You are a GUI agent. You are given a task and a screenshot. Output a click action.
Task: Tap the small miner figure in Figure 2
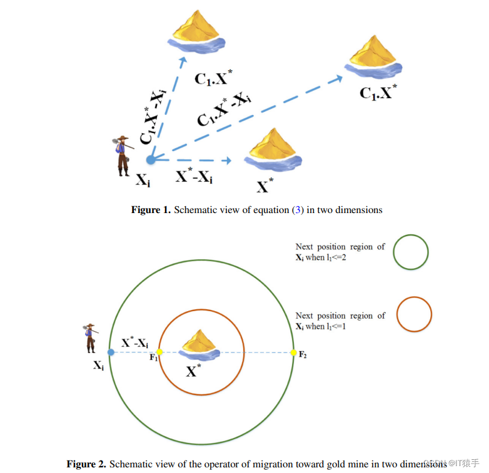click(x=91, y=337)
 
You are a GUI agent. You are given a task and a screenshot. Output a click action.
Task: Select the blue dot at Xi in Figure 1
click(x=151, y=159)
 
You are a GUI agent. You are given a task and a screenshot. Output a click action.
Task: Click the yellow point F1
click(x=159, y=352)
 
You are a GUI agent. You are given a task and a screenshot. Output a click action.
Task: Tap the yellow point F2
click(x=293, y=352)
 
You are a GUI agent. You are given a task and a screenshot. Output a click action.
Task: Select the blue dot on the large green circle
click(x=111, y=352)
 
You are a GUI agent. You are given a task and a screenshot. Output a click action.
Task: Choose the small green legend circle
click(x=411, y=252)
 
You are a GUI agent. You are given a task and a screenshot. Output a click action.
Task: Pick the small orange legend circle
click(x=414, y=314)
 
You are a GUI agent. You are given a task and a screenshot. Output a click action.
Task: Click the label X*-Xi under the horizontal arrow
click(x=194, y=177)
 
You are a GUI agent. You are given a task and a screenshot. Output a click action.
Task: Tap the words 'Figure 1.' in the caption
click(x=150, y=210)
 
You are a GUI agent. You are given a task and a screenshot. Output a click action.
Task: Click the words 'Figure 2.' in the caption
click(x=87, y=464)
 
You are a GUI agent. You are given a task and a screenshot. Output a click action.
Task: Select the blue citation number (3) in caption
click(x=298, y=210)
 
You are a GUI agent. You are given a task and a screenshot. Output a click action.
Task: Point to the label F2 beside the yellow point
click(x=303, y=355)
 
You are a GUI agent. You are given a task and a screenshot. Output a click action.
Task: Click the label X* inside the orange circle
click(x=194, y=372)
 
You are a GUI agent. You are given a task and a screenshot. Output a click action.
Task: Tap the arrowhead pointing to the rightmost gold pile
click(x=339, y=77)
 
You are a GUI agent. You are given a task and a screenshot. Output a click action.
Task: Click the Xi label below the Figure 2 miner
click(x=98, y=366)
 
